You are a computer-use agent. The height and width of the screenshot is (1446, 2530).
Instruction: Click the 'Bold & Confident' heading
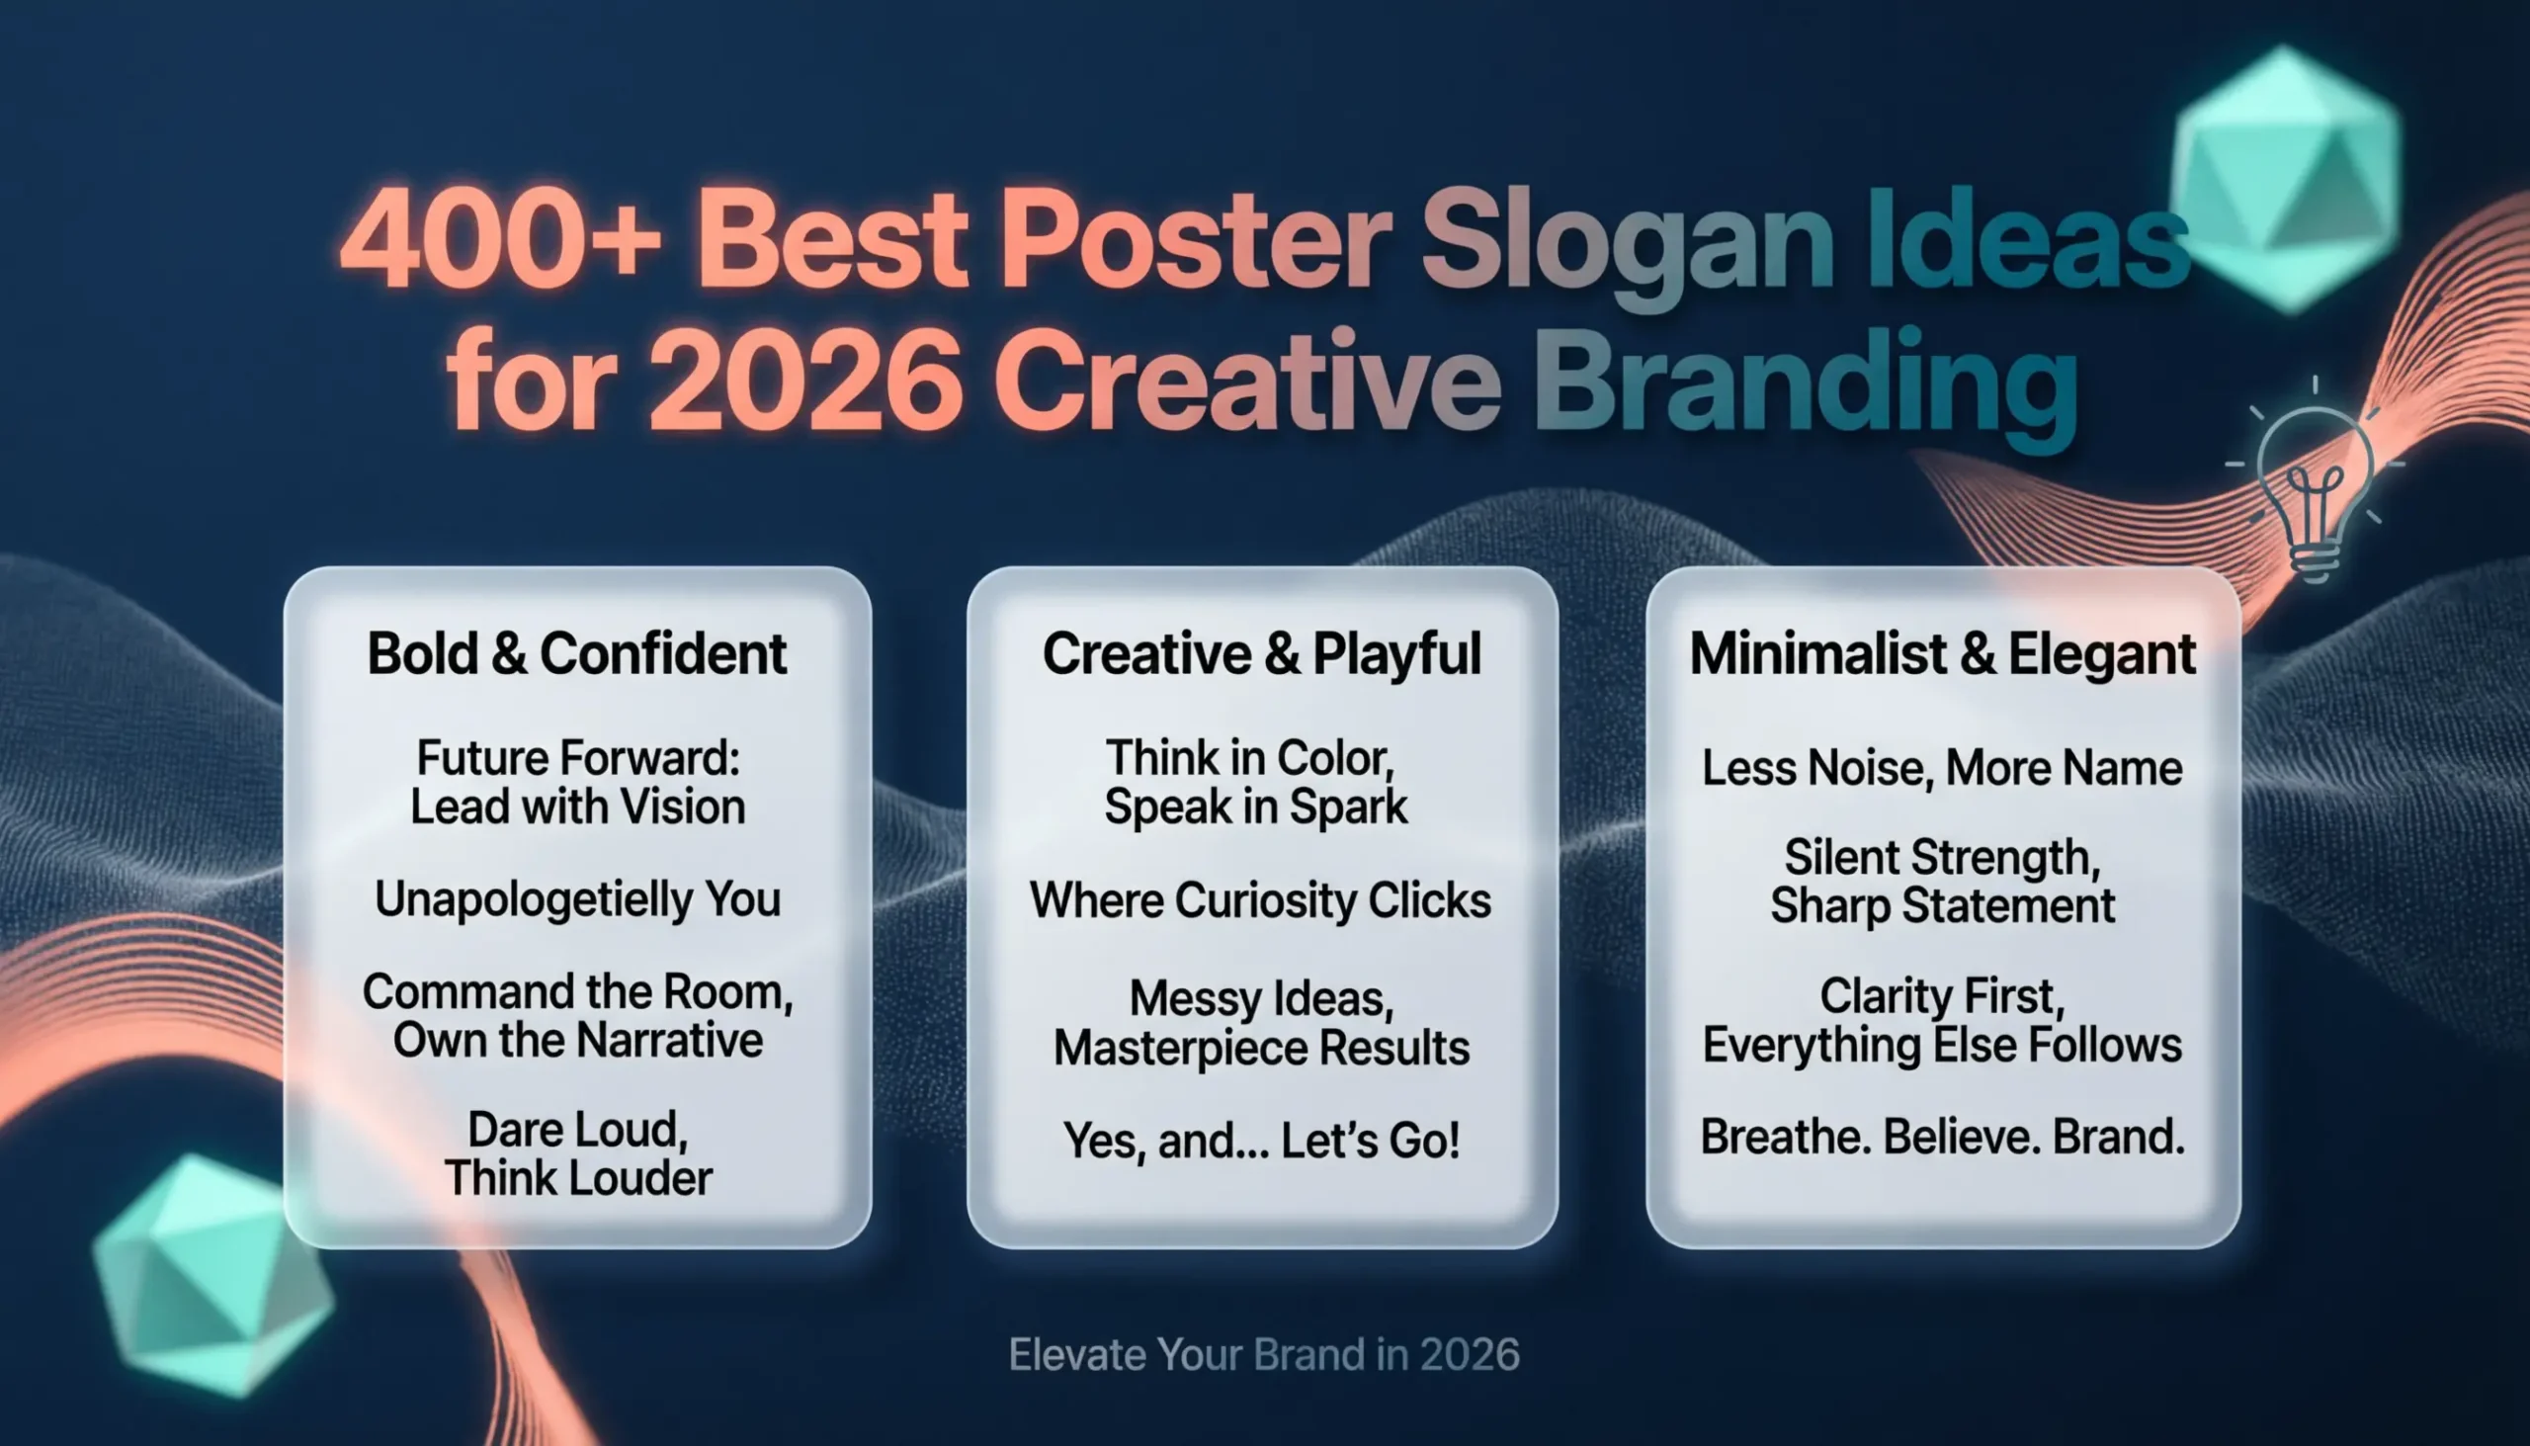point(577,654)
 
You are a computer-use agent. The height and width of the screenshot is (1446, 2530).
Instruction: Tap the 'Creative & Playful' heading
point(1261,654)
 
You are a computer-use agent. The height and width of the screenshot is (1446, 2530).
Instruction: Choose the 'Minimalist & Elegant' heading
point(1942,654)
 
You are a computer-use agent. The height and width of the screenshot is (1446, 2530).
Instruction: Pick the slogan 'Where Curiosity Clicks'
point(1260,900)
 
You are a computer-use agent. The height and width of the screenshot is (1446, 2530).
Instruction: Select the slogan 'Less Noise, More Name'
point(1941,768)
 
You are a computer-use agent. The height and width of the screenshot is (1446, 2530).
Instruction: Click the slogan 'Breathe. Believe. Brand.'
point(1942,1138)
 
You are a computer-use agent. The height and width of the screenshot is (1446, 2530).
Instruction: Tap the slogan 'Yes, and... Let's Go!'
point(1261,1141)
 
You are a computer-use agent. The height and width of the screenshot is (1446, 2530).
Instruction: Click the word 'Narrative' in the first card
point(669,1041)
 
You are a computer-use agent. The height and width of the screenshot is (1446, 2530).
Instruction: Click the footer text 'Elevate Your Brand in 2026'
point(1263,1355)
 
